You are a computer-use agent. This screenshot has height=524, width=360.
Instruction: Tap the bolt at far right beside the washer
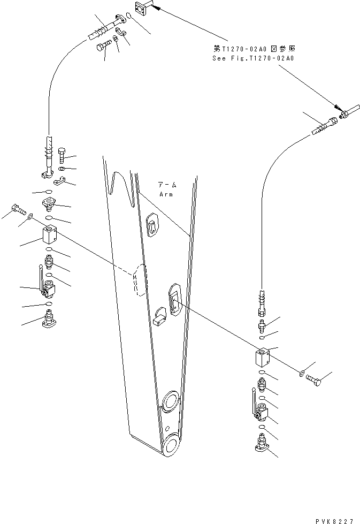(313, 379)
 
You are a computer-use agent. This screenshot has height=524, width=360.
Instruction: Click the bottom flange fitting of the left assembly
(50, 321)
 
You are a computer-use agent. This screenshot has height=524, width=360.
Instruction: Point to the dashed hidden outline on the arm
(140, 279)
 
